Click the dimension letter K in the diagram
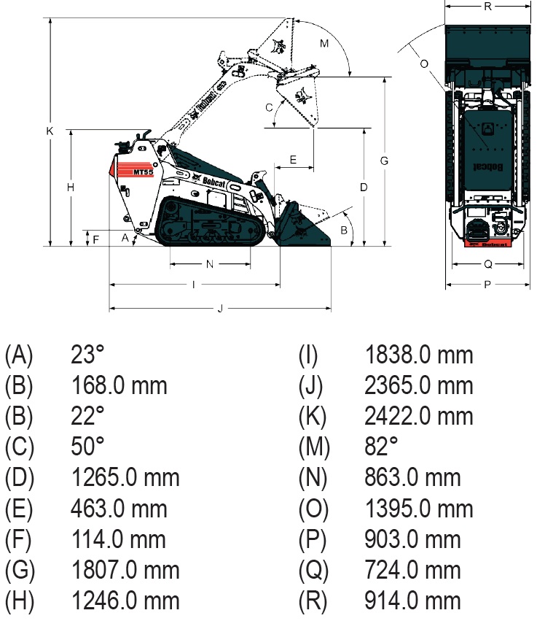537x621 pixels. pos(50,131)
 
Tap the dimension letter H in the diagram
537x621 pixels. pos(71,188)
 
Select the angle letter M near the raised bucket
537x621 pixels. pos(324,44)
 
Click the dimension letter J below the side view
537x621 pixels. pos(220,309)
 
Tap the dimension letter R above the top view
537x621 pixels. pos(487,7)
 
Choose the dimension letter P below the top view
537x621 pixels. pos(487,285)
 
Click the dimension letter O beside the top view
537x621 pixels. pos(424,63)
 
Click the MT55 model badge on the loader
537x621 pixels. pos(143,172)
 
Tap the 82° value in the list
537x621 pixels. pos(381,447)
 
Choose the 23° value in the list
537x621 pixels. pos(87,355)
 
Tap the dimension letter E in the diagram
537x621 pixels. pos(293,160)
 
